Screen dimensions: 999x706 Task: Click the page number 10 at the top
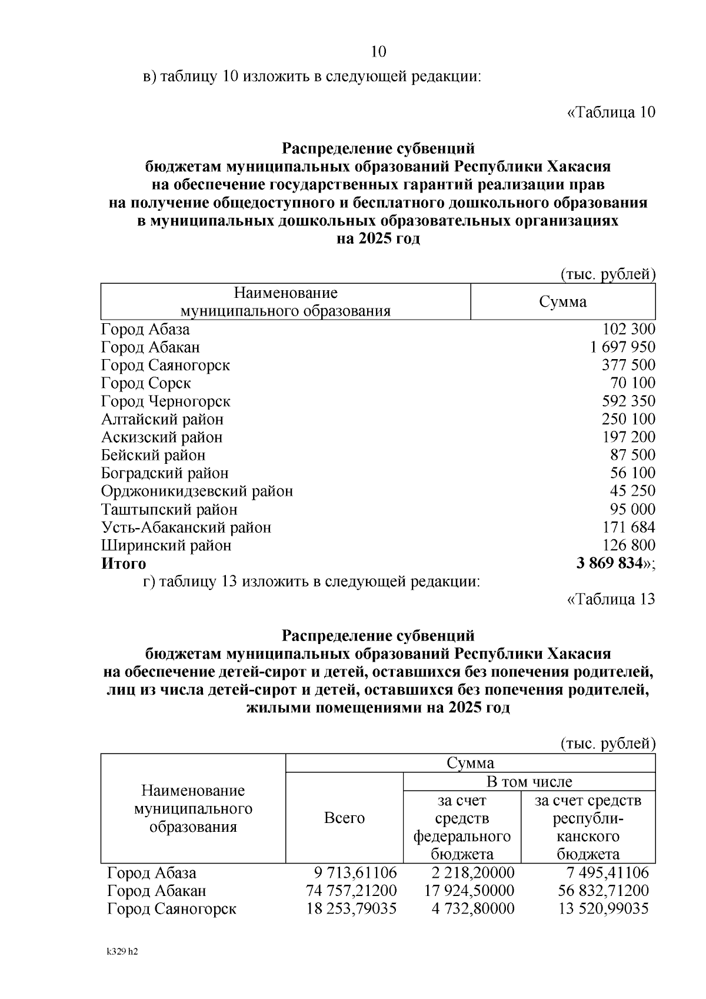tap(379, 52)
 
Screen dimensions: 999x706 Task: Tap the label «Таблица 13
tap(611, 599)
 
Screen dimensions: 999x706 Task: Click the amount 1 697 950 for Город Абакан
tap(622, 347)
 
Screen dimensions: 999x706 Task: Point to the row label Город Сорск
tap(146, 383)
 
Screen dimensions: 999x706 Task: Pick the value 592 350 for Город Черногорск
tap(628, 401)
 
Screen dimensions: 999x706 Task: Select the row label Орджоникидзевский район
tap(197, 491)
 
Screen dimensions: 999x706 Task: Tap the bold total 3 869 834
tap(610, 563)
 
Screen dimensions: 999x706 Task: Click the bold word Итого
tap(124, 563)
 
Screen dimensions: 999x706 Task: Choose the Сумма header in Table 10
tap(562, 302)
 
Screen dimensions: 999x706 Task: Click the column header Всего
tap(344, 818)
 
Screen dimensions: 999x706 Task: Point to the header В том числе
tap(528, 782)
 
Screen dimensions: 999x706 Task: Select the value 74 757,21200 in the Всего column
tap(351, 891)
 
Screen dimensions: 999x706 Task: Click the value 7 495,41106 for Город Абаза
tap(603, 872)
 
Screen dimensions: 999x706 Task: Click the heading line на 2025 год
tap(378, 239)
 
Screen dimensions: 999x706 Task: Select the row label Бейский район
tap(153, 455)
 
